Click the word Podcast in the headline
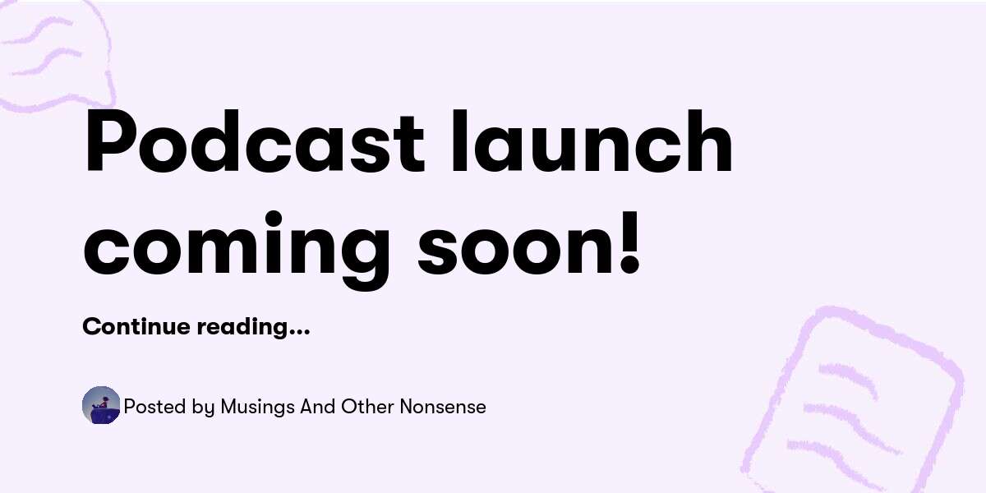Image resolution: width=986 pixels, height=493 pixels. [x=254, y=144]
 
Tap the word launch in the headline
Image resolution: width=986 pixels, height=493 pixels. [x=592, y=144]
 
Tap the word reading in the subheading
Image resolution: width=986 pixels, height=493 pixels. [x=242, y=327]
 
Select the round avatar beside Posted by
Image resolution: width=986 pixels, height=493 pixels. [x=101, y=406]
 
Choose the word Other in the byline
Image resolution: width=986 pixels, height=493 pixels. [x=363, y=407]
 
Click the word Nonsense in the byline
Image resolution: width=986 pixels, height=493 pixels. [x=443, y=407]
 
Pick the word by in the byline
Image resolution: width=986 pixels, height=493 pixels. [x=205, y=408]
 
